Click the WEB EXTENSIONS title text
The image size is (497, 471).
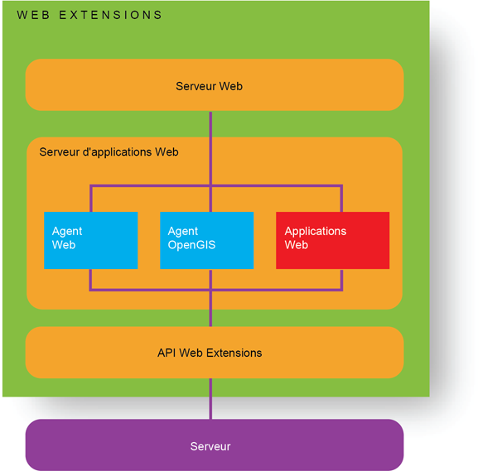[x=89, y=15]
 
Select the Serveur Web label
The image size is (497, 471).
[x=209, y=86]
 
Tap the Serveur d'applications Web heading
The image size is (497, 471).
[x=109, y=152]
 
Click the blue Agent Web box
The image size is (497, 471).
[x=90, y=240]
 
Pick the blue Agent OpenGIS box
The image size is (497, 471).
[x=206, y=240]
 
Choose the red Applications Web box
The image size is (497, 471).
[x=332, y=240]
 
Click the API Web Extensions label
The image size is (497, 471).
[x=210, y=353]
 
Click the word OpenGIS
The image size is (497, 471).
[x=192, y=245]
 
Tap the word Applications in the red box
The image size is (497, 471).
[x=316, y=231]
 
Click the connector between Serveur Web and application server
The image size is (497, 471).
[x=210, y=123]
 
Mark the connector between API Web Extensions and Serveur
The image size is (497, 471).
[x=210, y=398]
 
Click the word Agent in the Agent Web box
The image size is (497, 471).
[x=67, y=231]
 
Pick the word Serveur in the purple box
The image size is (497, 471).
[x=210, y=446]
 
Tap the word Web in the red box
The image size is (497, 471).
[x=297, y=245]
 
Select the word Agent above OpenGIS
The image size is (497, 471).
[x=183, y=231]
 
